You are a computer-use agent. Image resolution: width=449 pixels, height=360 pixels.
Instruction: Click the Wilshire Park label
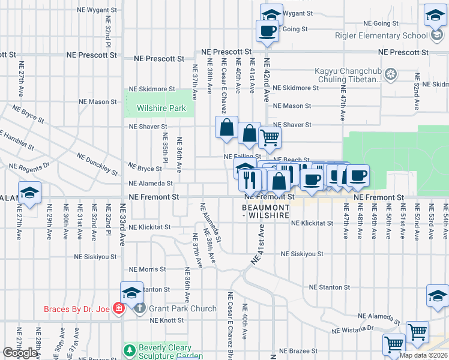coord(160,109)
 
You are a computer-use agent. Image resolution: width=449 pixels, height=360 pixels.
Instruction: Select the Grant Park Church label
coord(182,309)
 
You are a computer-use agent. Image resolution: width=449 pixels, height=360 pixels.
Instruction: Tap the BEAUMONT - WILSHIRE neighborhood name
coord(266,211)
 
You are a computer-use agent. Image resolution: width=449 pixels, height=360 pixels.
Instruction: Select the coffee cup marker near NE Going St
coord(267,31)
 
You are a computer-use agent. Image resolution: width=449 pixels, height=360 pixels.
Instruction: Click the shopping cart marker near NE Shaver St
coord(270,137)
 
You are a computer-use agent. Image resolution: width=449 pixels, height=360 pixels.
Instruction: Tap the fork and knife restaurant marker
coord(250,179)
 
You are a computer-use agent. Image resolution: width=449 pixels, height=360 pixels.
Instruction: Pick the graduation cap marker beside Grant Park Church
coord(131,293)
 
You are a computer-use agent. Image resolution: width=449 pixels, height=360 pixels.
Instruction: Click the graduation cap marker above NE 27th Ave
coord(29,193)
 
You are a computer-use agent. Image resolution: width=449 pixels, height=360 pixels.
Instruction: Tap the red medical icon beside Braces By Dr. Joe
coord(119,309)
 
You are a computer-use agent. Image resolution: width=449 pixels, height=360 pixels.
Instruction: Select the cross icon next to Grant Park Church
coord(139,309)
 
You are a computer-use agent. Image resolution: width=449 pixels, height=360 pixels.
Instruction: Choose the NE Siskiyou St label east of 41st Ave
coord(300,254)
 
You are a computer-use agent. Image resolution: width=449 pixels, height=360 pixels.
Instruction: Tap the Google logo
coord(20,353)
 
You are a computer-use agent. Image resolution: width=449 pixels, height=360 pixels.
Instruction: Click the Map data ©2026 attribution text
coord(423,355)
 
